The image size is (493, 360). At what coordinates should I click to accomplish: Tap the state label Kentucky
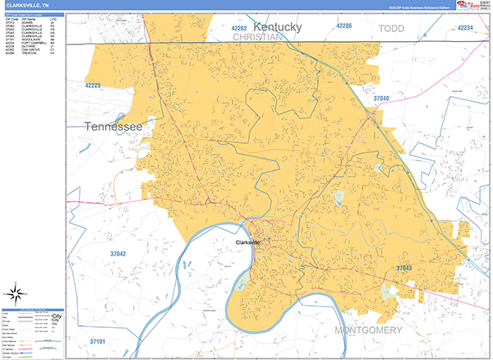point(278,27)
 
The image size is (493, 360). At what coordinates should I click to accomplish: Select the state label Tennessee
point(113,127)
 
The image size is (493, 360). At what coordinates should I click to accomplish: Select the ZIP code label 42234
point(465,29)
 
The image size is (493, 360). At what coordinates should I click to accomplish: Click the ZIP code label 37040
point(380,99)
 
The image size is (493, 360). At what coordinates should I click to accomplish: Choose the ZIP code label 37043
point(404,269)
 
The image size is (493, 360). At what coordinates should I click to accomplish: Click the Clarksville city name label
point(247,242)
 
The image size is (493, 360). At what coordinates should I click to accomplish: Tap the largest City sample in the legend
point(57,316)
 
